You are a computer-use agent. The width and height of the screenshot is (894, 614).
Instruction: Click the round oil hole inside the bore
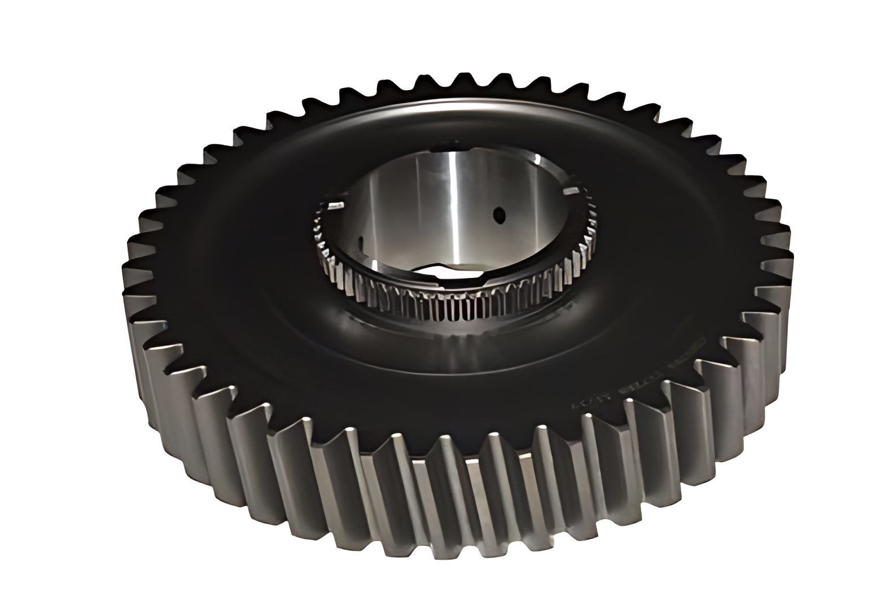[x=498, y=214]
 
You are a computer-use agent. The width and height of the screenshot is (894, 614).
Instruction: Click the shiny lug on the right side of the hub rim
[x=574, y=190]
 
